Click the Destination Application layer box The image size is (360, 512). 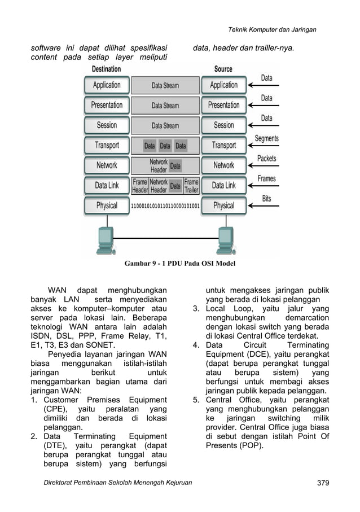click(107, 85)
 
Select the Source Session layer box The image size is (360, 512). click(223, 125)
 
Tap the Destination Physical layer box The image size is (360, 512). click(107, 206)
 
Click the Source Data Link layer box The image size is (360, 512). click(223, 185)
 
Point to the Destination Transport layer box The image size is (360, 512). click(107, 146)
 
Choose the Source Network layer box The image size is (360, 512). click(223, 165)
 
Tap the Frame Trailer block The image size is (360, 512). click(192, 186)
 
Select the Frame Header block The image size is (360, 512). click(139, 186)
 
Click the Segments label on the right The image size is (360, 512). click(266, 138)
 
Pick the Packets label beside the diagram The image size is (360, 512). click(266, 159)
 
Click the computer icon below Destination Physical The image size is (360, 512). click(106, 240)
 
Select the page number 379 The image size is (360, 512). click(322, 483)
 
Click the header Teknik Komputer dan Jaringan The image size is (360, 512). click(272, 29)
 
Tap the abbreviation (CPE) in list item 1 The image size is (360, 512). click(55, 409)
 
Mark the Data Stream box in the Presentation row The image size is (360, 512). click(165, 106)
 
